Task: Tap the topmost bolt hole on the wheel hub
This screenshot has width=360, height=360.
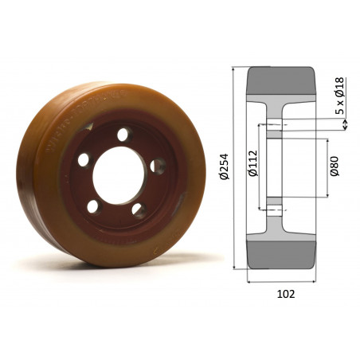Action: (x=123, y=135)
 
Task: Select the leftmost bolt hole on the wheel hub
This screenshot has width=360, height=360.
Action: (x=84, y=159)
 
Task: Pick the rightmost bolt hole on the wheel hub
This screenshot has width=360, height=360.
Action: (x=158, y=166)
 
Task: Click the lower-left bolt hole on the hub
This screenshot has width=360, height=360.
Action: (x=93, y=206)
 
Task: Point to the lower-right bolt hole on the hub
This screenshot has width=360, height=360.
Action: (x=139, y=211)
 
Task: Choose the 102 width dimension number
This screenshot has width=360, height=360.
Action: (x=284, y=293)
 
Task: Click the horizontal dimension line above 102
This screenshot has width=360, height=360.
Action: (x=284, y=281)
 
